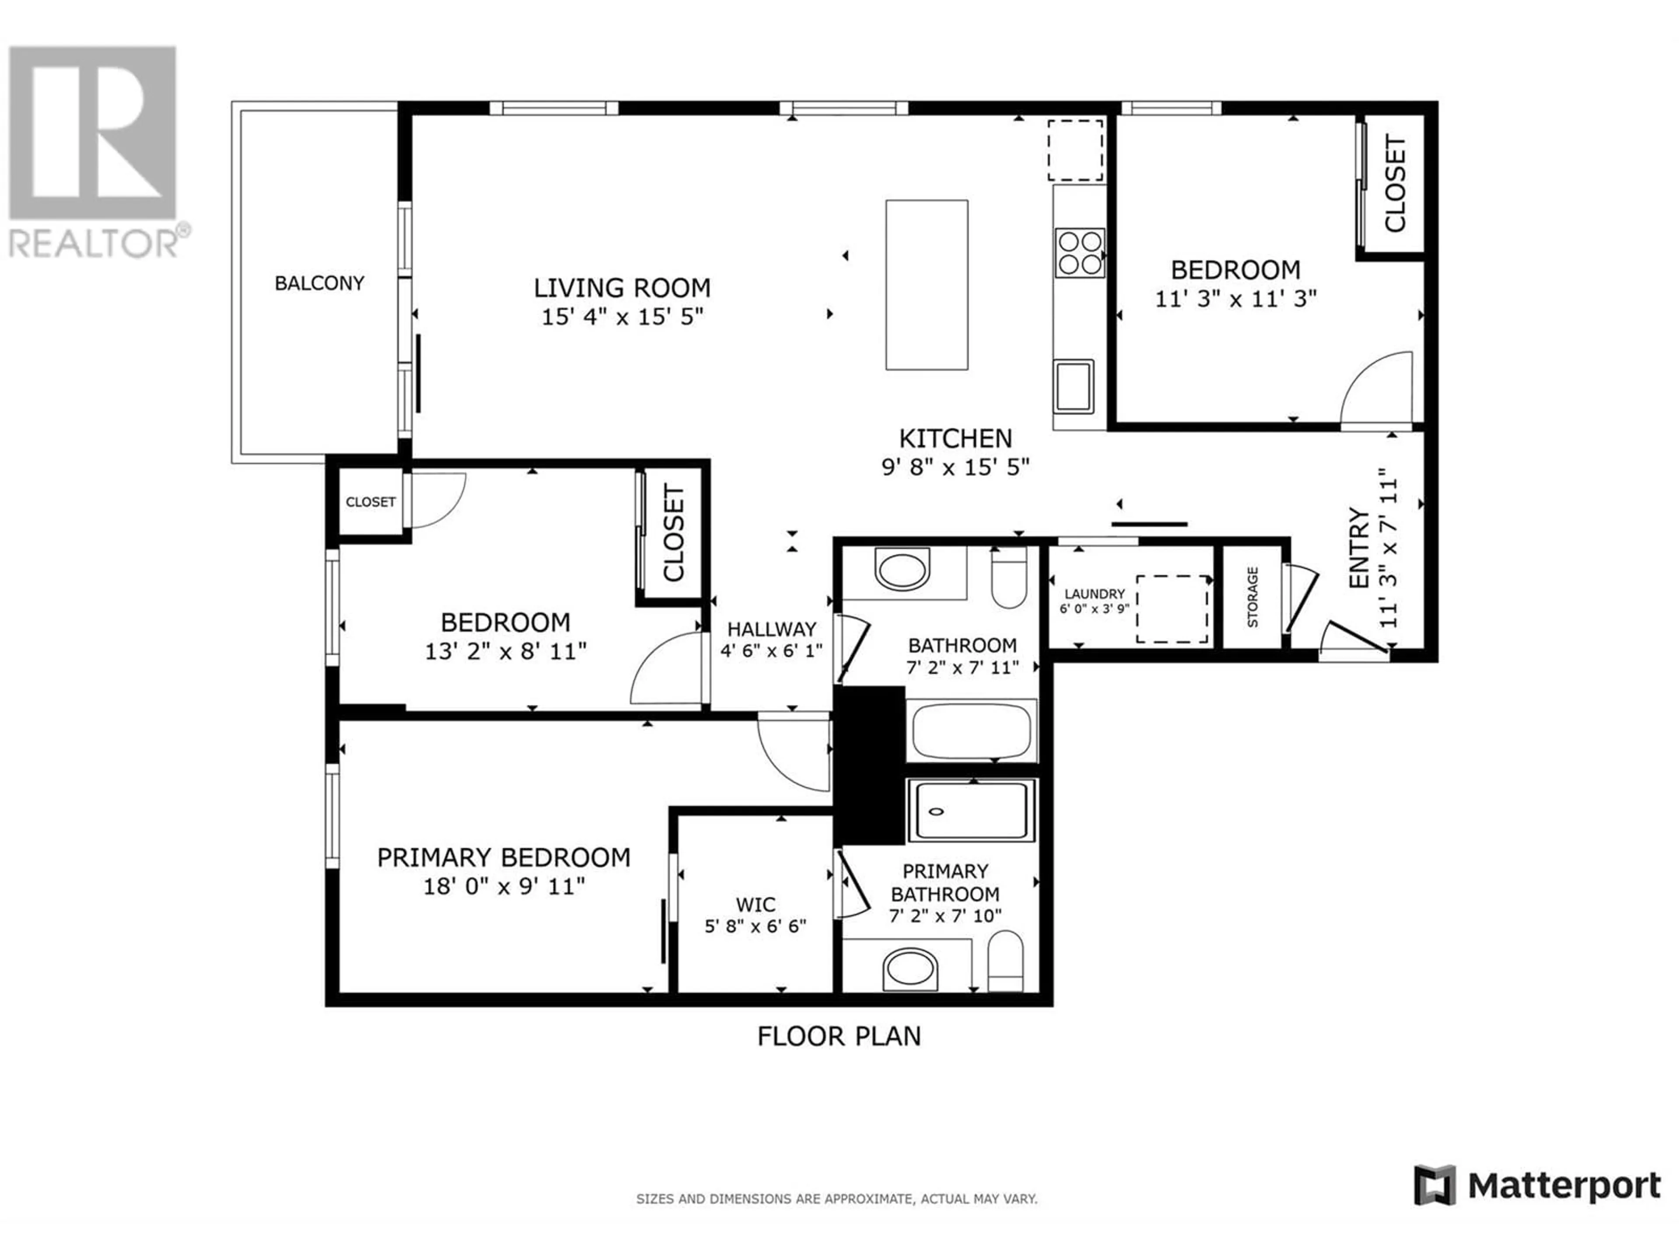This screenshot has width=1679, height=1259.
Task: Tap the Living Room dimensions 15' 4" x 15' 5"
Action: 623,316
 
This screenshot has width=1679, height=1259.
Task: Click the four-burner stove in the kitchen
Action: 1080,253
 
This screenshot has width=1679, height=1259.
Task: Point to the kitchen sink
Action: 1073,386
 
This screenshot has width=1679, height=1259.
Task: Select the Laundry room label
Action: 1094,594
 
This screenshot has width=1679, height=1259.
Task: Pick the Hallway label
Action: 772,629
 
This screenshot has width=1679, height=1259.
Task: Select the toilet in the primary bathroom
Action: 1006,961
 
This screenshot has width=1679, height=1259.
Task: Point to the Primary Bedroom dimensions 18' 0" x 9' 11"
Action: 504,886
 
